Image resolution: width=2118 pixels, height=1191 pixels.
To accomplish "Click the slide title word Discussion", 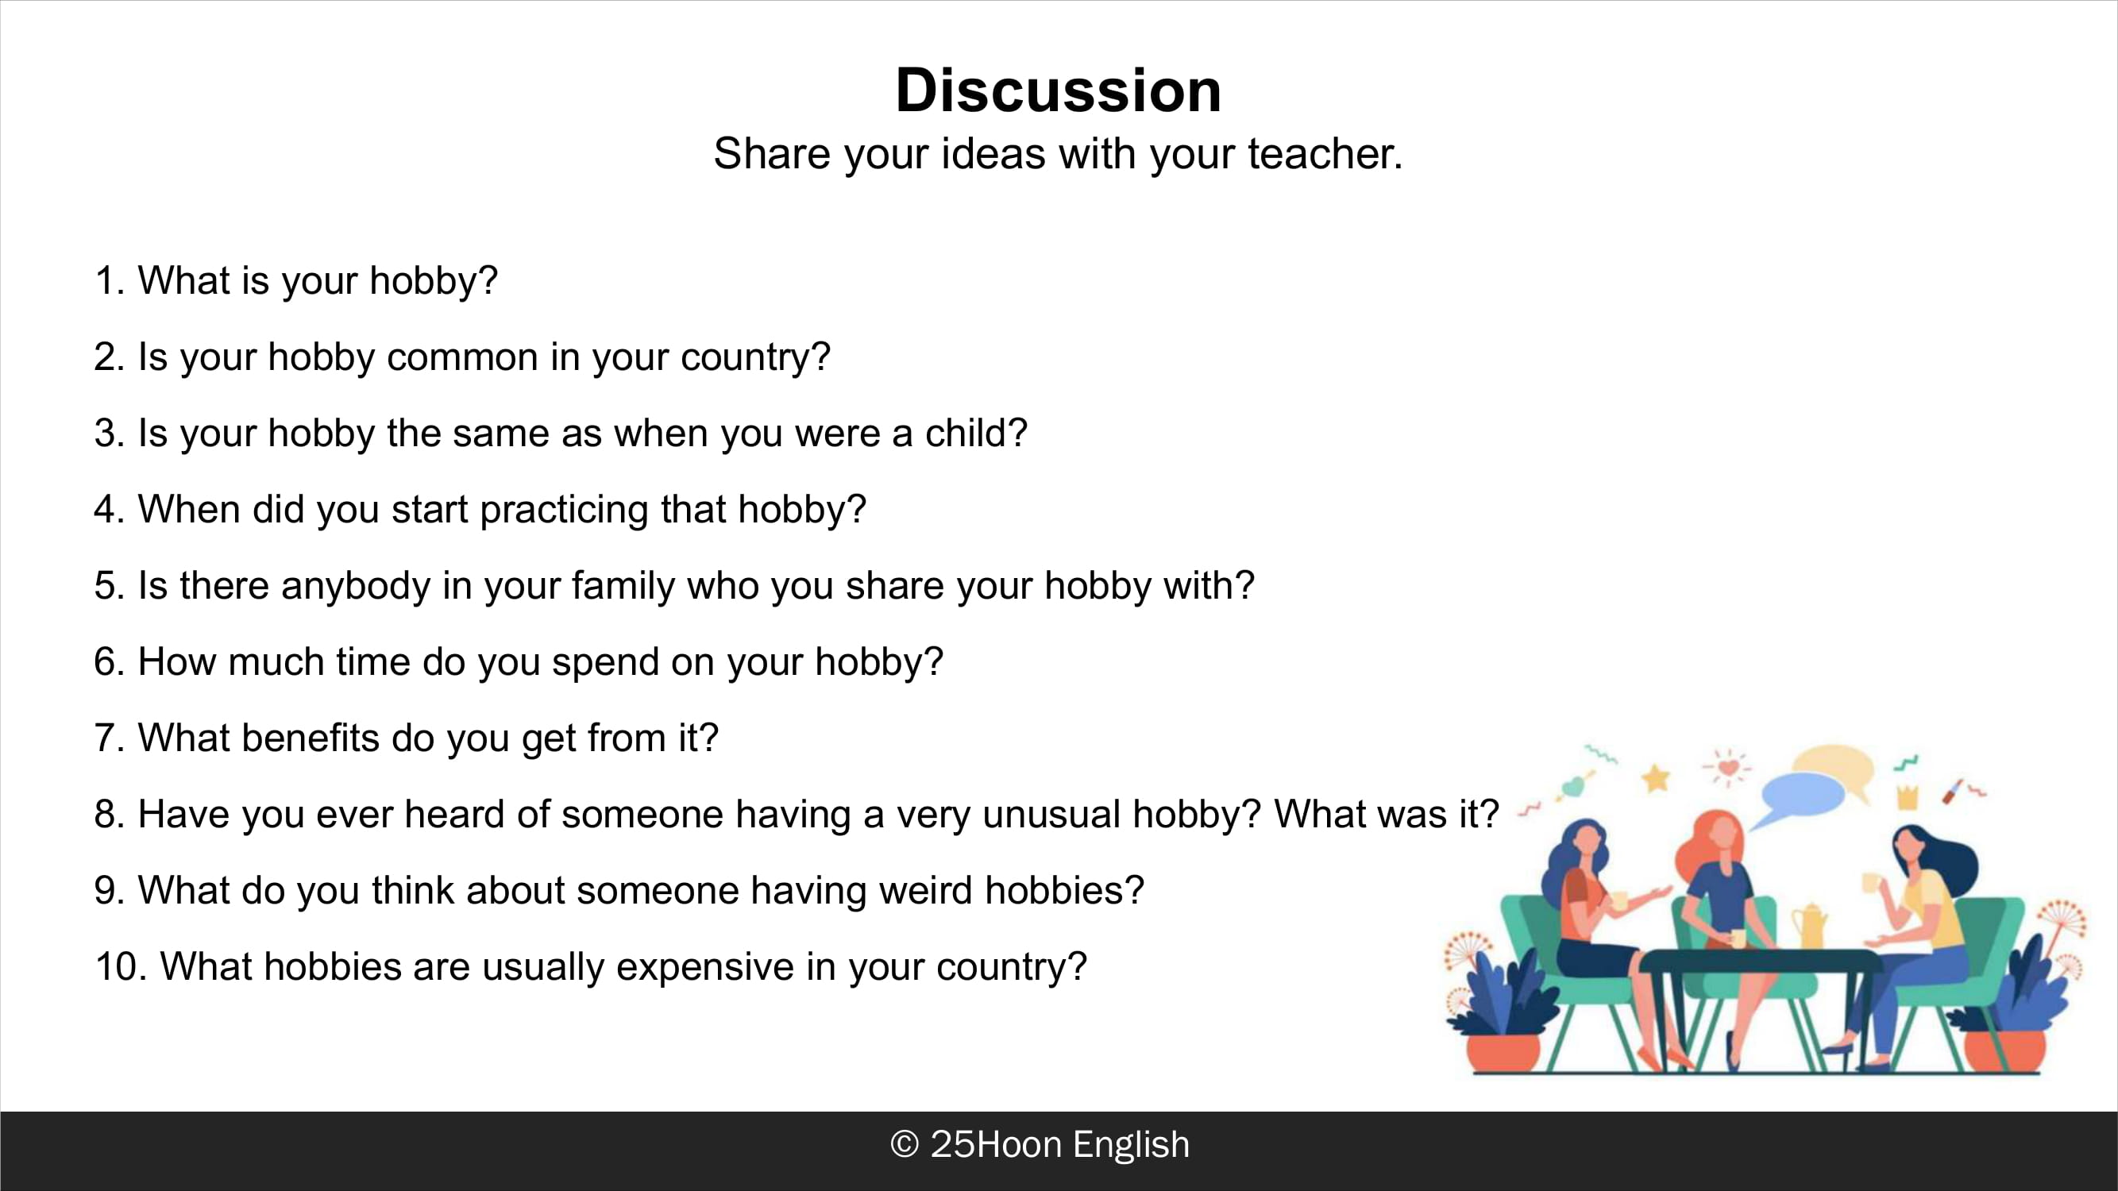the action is [1058, 90].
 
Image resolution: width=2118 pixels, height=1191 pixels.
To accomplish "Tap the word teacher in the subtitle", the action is [1325, 154].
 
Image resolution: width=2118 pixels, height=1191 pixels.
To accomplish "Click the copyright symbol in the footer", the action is [905, 1144].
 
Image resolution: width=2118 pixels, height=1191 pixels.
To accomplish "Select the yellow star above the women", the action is [1656, 777].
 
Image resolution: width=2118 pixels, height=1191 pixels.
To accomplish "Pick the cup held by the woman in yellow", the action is [1869, 884].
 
